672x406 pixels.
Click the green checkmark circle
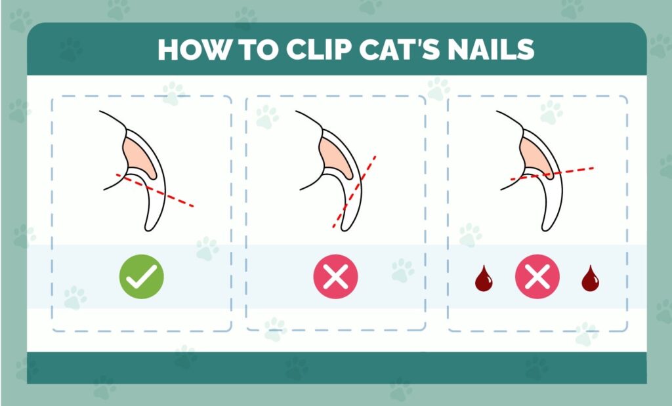(x=141, y=277)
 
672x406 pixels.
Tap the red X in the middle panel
(x=335, y=277)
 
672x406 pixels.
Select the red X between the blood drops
(x=537, y=277)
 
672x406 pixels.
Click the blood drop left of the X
(x=483, y=279)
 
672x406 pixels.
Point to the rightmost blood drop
(x=590, y=279)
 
